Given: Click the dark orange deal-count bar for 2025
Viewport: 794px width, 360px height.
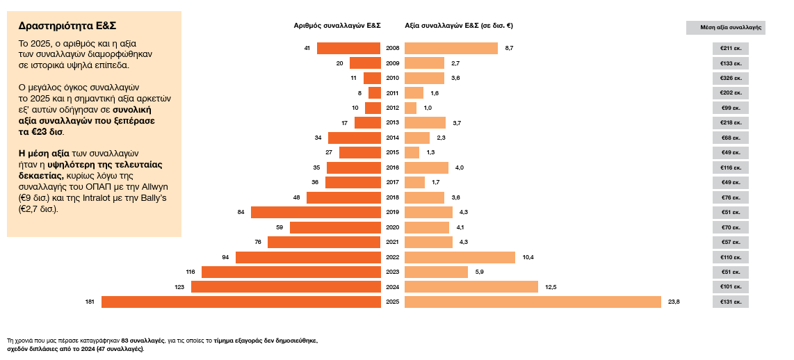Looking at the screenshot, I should pos(241,302).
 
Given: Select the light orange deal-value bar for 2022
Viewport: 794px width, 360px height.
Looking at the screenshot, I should pos(460,257).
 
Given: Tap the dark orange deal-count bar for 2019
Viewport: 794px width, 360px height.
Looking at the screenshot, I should pos(316,212).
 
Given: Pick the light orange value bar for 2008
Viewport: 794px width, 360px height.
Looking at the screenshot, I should pos(451,48).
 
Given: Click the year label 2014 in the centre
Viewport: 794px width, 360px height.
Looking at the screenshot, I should pos(392,138).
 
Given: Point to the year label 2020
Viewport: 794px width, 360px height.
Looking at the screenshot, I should pos(392,227).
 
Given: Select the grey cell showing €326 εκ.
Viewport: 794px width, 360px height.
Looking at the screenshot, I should pos(730,78).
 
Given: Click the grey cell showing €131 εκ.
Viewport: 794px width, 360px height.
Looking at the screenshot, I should pos(730,302).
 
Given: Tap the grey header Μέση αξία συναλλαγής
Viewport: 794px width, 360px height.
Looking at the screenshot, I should pos(725,28).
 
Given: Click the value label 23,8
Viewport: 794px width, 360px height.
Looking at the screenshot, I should pos(673,302).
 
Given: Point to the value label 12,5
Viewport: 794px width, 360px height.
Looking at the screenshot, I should pos(551,287).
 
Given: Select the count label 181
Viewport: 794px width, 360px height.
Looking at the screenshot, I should pos(90,302).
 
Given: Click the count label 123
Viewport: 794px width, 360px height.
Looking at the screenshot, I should pos(179,287).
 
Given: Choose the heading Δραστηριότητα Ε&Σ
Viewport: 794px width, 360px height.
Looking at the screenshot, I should pos(67,26).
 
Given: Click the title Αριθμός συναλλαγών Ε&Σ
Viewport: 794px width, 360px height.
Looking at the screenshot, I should pos(337,26).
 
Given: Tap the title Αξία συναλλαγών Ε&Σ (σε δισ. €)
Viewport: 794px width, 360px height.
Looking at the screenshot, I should pos(459,26).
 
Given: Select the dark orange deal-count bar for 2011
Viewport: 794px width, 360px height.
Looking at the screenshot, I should pos(375,93).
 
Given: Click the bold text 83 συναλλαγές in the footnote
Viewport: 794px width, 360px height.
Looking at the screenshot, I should pos(143,341).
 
